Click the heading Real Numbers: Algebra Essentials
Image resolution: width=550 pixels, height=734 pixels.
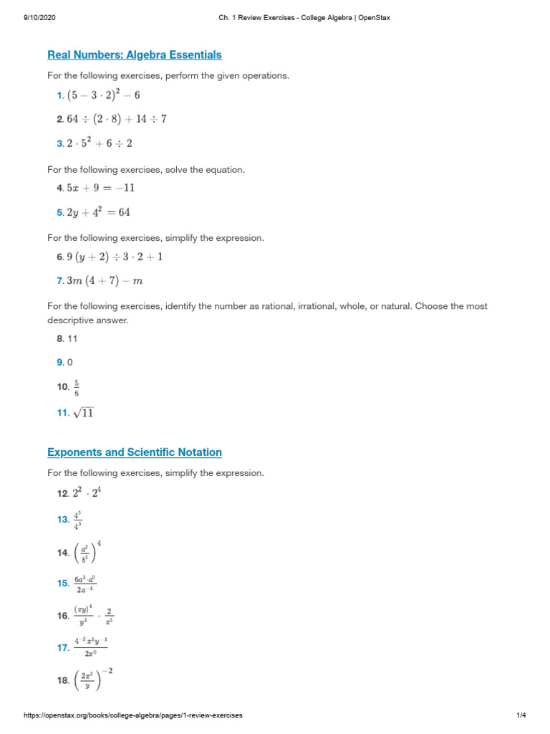(x=135, y=54)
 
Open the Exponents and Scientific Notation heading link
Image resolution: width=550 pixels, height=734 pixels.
(x=135, y=452)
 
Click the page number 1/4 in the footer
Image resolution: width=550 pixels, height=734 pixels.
(x=521, y=715)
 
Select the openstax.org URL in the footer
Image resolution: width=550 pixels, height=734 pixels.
(x=133, y=715)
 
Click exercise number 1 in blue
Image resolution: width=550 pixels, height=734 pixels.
(x=60, y=95)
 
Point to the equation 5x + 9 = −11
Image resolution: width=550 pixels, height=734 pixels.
(x=100, y=188)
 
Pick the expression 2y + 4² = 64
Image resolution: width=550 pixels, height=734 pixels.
(x=99, y=212)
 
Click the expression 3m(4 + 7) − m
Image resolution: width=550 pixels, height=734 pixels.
(x=105, y=281)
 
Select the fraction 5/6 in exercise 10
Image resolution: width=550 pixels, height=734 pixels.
(x=77, y=388)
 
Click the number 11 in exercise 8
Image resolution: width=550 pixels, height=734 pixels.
(x=72, y=339)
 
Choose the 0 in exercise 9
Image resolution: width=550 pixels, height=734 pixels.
(x=70, y=363)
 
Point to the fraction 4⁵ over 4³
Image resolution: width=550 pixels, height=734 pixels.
(x=77, y=520)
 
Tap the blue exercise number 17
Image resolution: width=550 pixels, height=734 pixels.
(x=62, y=647)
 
